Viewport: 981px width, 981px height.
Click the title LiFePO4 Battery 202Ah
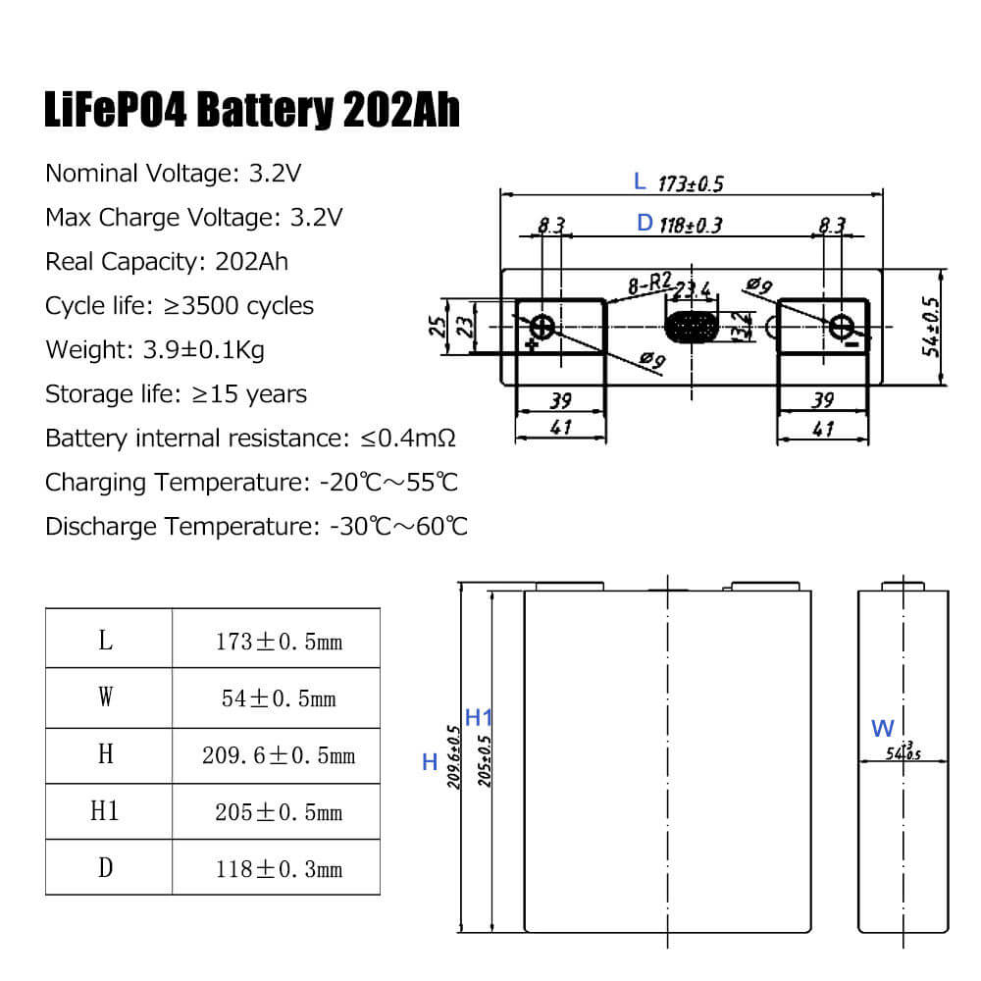(252, 110)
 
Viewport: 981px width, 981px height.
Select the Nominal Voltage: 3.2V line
(173, 174)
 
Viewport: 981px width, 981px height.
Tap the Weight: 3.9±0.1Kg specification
(155, 350)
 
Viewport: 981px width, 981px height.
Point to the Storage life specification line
(177, 394)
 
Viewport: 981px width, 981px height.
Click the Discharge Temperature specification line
(256, 527)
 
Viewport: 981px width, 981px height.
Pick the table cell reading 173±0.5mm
(279, 643)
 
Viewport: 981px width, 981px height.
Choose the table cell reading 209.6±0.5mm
(279, 755)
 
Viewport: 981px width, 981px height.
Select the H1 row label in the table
(105, 811)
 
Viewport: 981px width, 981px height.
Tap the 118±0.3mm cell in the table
(279, 869)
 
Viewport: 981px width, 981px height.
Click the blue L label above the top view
(640, 181)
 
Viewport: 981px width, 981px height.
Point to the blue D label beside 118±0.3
(645, 224)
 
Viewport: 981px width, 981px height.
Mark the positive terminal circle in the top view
(542, 326)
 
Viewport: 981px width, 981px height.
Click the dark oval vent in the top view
(691, 327)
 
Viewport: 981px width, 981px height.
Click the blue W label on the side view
(882, 729)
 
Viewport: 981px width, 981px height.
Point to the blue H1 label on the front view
(479, 717)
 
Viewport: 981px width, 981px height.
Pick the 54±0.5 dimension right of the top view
(931, 327)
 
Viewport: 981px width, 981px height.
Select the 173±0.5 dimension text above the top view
(691, 183)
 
